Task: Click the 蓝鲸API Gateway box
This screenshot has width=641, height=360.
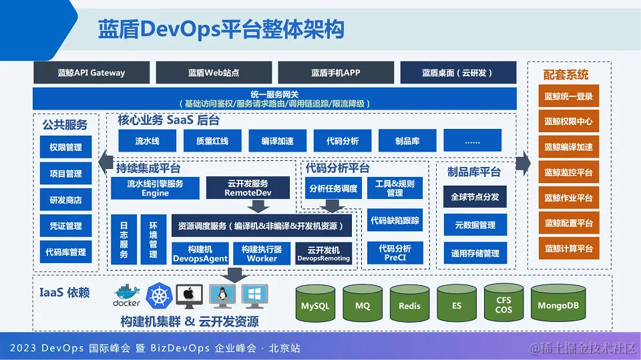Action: tap(91, 73)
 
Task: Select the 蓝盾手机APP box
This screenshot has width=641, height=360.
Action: tap(335, 73)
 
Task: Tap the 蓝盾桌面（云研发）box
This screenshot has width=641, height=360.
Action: tap(458, 73)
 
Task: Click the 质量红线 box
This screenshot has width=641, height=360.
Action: tap(212, 141)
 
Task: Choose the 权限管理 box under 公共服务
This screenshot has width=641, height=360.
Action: tap(65, 148)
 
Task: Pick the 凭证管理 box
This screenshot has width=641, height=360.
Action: tap(65, 226)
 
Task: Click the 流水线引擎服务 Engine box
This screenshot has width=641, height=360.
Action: tap(155, 188)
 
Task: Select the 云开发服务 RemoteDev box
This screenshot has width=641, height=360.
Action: tap(248, 188)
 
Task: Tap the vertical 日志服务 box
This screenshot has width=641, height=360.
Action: tap(124, 240)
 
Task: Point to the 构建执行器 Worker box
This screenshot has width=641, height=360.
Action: tap(262, 253)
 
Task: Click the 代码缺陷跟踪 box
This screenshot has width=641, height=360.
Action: tap(395, 220)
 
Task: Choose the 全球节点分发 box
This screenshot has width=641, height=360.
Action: tap(475, 197)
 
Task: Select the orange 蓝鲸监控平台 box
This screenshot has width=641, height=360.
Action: tap(568, 172)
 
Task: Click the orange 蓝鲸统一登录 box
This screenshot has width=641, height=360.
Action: tap(568, 96)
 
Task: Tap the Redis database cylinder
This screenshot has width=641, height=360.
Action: tap(409, 306)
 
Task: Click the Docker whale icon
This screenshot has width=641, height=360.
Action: tap(127, 295)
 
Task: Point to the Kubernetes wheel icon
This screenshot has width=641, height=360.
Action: tap(159, 295)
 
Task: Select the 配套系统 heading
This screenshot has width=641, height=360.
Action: tap(566, 74)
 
